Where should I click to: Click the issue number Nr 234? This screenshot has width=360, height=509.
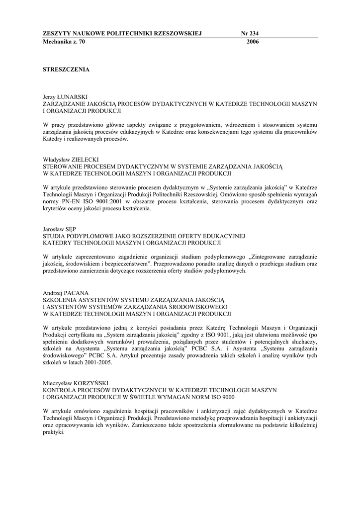tap(250, 33)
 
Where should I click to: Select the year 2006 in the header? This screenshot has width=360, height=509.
tap(253, 42)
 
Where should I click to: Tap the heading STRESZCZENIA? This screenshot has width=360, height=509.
tap(66, 70)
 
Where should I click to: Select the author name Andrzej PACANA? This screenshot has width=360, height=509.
tap(65, 293)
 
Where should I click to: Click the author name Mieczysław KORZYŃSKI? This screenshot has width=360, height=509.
tap(76, 383)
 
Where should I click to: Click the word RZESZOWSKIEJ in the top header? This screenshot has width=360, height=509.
tap(175, 33)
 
